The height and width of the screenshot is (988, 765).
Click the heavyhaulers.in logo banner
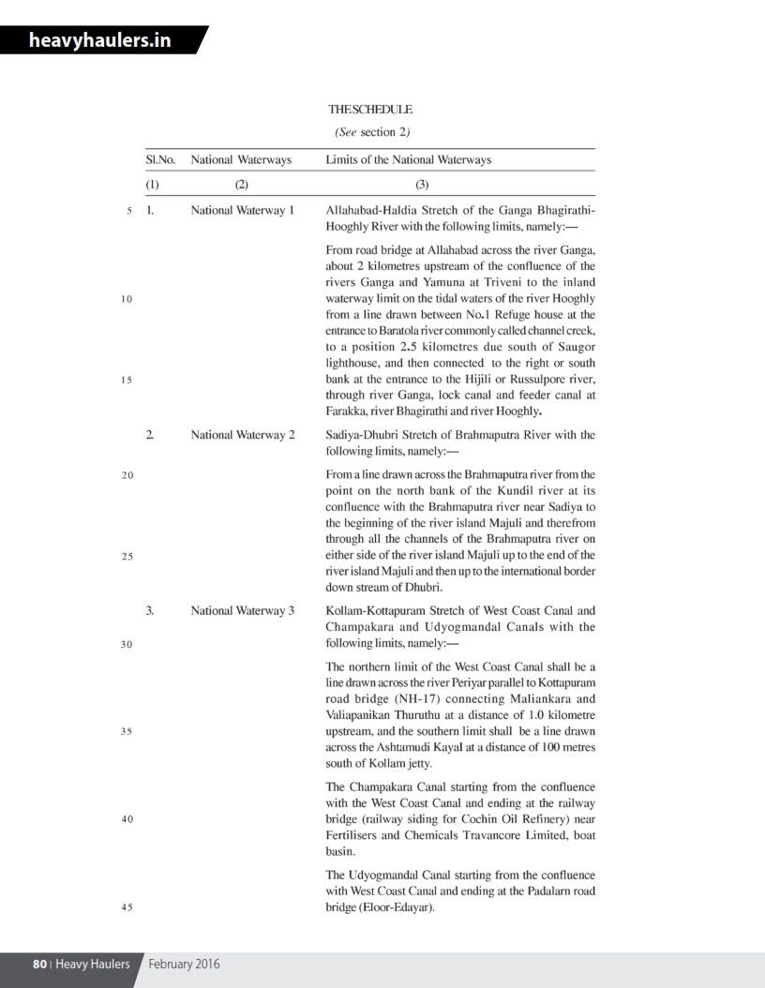pyautogui.click(x=98, y=40)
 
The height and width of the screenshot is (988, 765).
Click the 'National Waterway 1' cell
pyautogui.click(x=242, y=211)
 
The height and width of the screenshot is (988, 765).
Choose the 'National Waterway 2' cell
pyautogui.click(x=242, y=435)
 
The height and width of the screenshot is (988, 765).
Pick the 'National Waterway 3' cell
pyautogui.click(x=242, y=611)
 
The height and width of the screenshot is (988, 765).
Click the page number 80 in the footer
pyautogui.click(x=39, y=964)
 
